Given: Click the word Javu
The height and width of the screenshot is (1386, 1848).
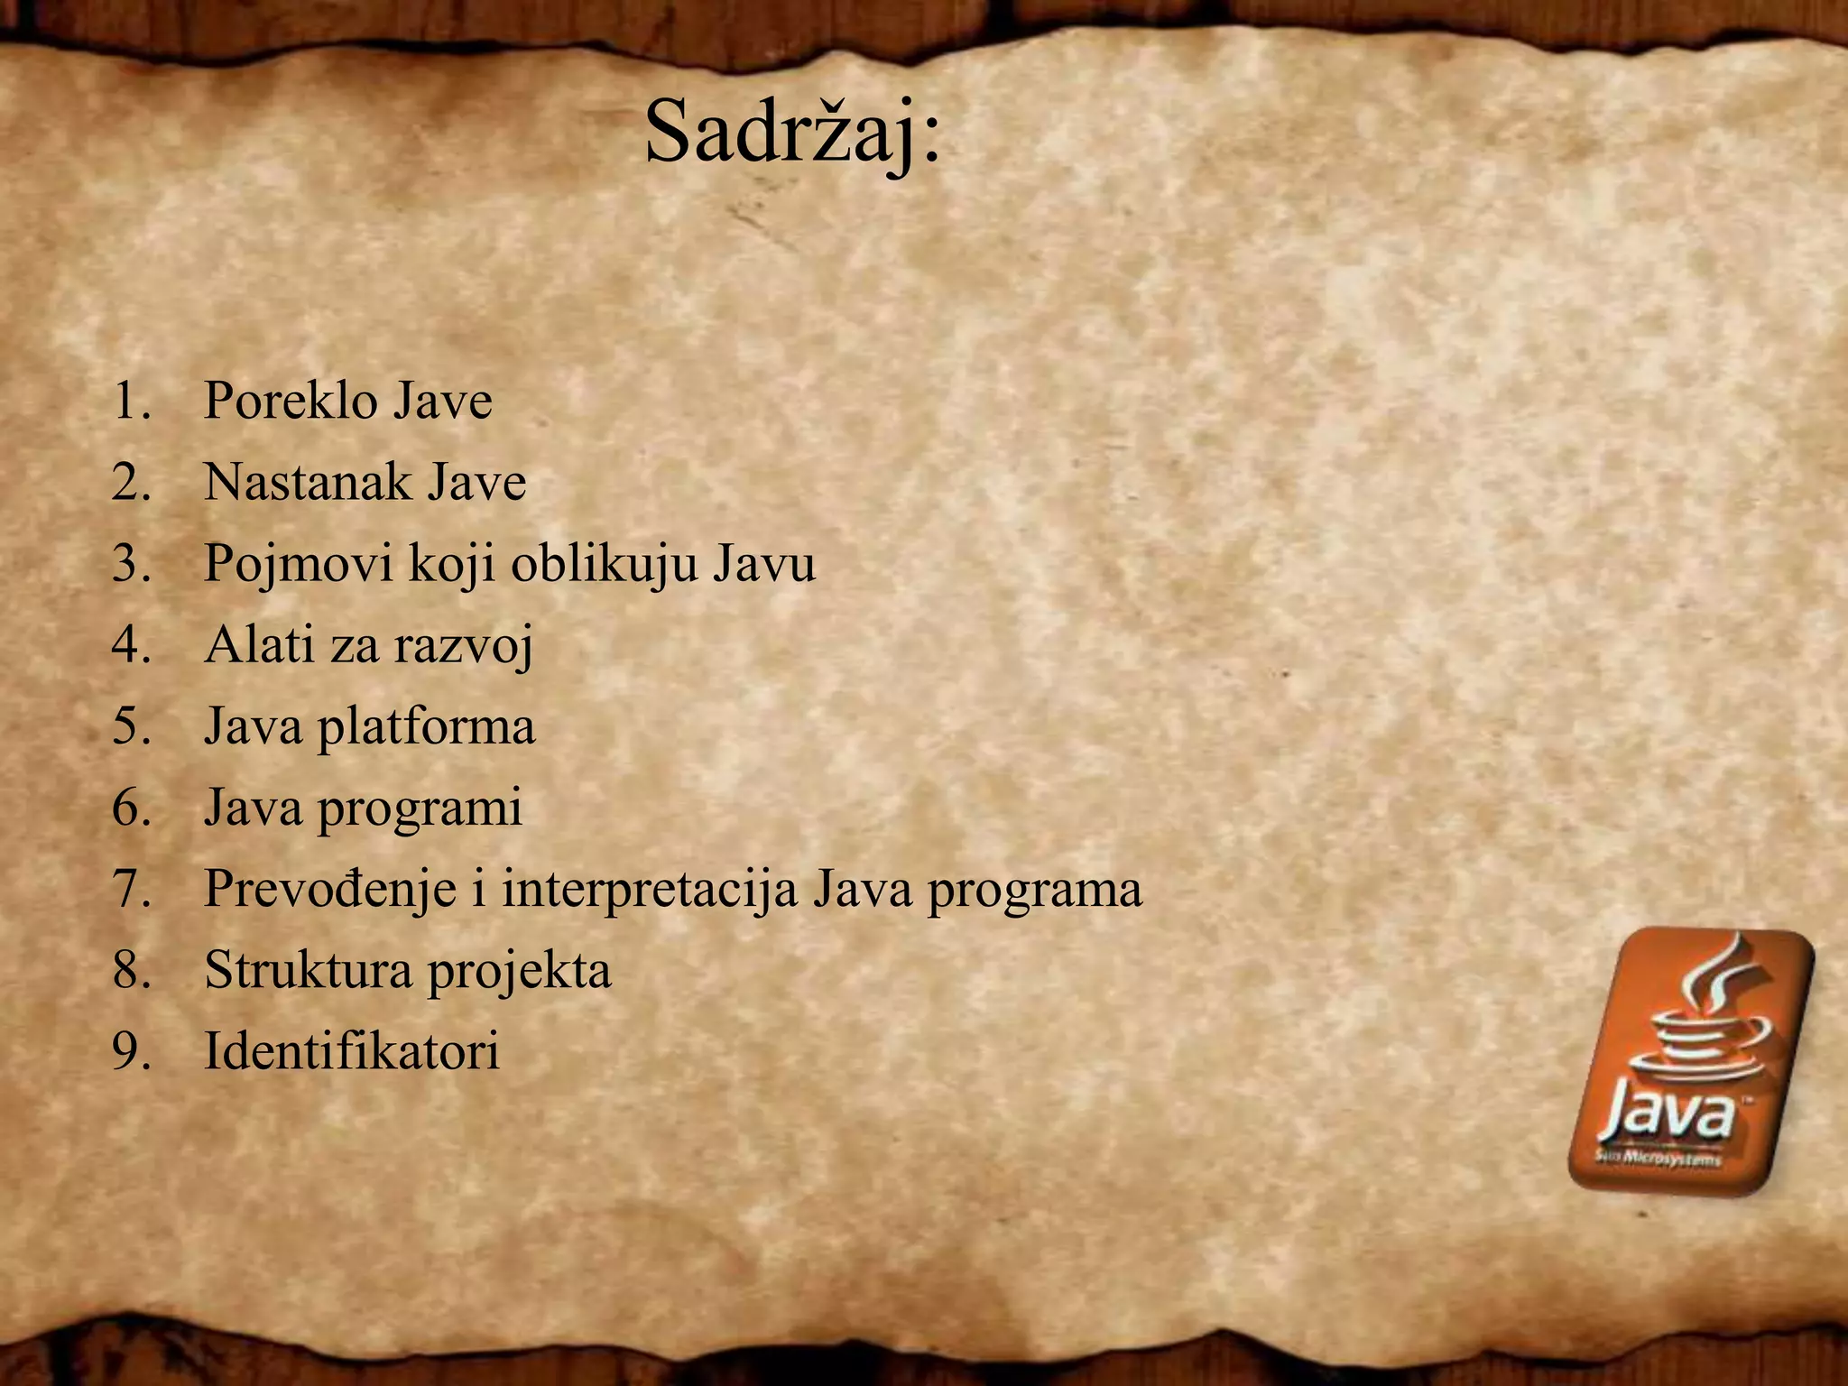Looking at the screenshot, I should [764, 563].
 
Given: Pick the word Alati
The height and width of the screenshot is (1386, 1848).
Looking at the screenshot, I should [259, 644].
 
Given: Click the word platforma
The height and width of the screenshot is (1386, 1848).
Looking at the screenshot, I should [425, 727].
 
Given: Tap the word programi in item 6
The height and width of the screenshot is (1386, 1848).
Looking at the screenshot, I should [420, 808].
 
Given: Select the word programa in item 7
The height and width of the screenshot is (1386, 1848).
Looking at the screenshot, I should [1034, 891].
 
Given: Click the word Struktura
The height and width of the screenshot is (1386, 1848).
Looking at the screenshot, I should [307, 970].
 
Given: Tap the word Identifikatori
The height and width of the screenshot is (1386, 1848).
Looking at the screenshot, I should [351, 1051].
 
